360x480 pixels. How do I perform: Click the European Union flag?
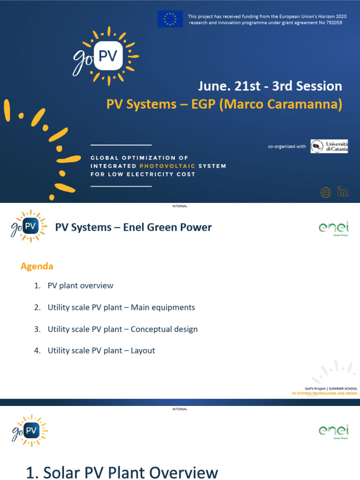170,19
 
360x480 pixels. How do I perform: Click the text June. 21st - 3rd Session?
270,86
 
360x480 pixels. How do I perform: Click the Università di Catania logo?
329,146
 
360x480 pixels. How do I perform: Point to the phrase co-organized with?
286,147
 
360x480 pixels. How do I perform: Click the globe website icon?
326,192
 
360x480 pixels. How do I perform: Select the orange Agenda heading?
37,266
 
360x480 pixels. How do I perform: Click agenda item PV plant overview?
80,285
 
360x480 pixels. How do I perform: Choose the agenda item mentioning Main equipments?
121,307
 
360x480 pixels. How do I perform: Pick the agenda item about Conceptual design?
122,329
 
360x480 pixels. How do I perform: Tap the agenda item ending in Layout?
101,351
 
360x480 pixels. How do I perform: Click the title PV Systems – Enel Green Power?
134,227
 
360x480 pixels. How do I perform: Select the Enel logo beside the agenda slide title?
334,228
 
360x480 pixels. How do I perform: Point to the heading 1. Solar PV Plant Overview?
122,472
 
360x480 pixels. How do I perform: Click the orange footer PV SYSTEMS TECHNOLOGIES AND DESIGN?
324,393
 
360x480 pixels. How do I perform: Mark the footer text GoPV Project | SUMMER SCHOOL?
324,389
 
